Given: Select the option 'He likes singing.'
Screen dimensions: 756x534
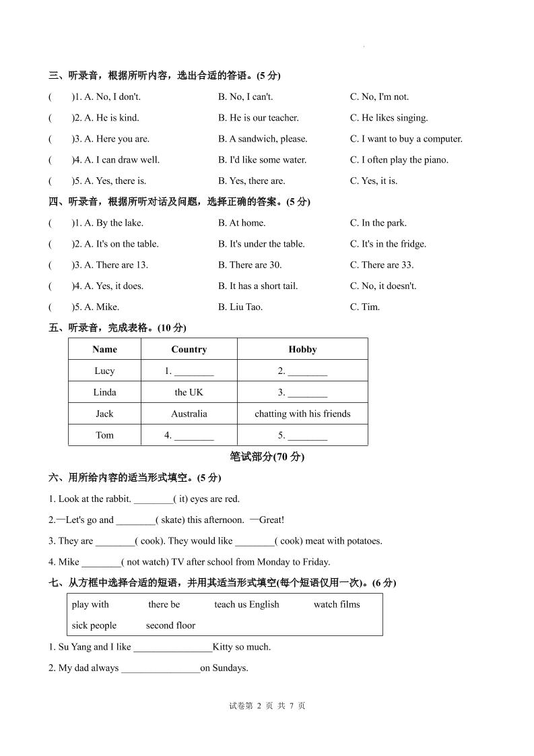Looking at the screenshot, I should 389,118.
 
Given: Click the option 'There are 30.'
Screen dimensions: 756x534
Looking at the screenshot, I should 250,265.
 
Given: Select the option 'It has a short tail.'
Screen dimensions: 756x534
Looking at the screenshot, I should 257,286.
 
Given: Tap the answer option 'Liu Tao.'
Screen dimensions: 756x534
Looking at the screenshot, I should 240,307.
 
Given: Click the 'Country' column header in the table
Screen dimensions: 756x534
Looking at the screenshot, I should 189,349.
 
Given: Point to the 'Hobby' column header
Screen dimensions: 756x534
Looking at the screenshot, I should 302,349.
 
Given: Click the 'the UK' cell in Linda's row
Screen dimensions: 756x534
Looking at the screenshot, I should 189,392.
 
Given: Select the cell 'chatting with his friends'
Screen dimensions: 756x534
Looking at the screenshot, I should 302,414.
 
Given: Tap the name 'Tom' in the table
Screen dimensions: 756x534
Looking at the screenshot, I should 104,435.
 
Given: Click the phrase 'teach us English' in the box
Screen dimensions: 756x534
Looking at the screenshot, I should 246,604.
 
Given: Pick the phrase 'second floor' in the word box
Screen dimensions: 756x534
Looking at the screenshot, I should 170,625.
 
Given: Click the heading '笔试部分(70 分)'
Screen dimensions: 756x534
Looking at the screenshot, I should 267,457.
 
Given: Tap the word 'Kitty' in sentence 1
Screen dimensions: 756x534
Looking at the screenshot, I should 222,647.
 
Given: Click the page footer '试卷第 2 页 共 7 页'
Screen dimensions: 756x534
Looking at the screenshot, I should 267,706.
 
